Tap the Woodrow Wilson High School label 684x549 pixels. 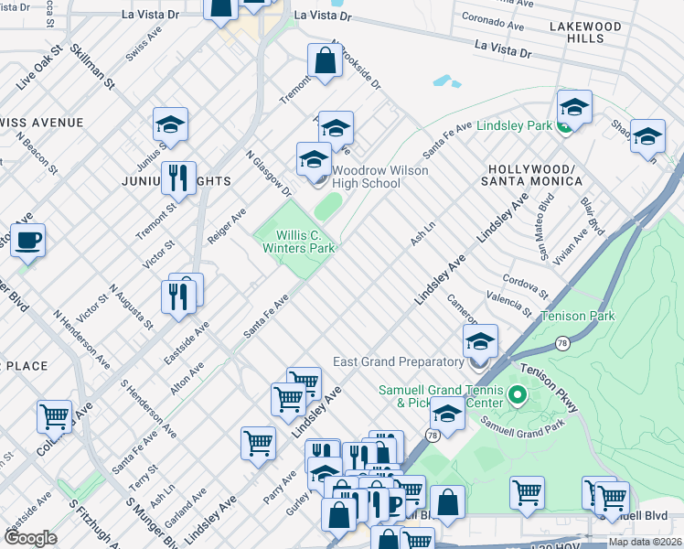click(x=366, y=177)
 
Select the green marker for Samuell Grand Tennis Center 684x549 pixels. click(x=517, y=396)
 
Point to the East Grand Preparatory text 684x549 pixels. click(x=408, y=361)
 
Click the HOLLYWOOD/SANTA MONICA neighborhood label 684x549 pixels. click(x=535, y=176)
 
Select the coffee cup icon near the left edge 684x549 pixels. click(x=27, y=242)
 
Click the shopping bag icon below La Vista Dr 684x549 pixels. click(x=326, y=62)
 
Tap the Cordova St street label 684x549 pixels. click(x=524, y=286)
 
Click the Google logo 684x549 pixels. click(x=30, y=537)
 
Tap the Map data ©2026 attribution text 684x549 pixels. click(x=645, y=542)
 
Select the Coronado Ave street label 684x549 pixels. click(x=493, y=21)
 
